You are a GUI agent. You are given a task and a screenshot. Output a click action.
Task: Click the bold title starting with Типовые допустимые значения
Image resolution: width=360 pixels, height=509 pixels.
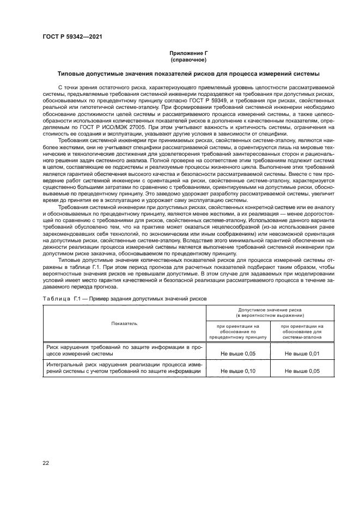coord(188,73)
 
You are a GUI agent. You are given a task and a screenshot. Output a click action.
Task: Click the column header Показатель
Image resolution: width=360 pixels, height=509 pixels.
coord(125,323)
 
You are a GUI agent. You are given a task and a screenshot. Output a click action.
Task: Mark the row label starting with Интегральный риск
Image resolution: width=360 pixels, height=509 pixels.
coord(125,368)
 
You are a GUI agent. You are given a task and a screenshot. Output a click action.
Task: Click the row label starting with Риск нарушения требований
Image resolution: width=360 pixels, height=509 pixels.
coord(125,350)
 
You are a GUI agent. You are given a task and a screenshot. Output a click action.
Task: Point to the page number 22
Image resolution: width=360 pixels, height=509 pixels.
coord(45,463)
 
